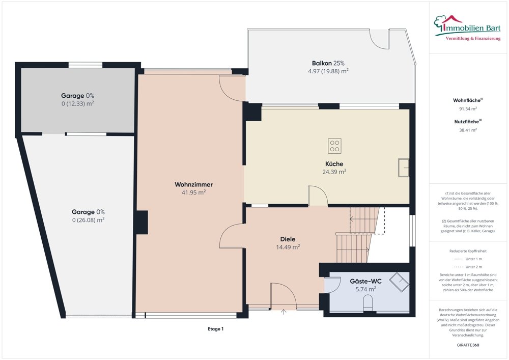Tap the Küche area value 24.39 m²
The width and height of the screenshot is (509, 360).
coord(334,172)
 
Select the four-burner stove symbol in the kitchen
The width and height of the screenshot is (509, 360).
coord(334,146)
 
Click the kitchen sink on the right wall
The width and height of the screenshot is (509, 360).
coord(404,167)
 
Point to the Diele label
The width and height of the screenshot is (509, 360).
coord(288,239)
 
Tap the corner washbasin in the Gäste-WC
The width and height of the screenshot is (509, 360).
coord(402,281)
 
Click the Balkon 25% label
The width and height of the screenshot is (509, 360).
coord(328,63)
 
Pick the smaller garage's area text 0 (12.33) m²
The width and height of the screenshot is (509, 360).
coord(77,103)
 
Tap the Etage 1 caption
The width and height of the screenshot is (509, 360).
coord(215,329)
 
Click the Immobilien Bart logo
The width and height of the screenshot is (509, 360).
coord(467,27)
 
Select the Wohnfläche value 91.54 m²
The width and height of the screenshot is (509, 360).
coord(468,109)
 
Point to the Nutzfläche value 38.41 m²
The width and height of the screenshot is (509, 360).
coord(468,130)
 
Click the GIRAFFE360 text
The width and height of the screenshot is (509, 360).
coord(468,345)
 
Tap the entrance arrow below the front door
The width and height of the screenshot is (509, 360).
coord(284,311)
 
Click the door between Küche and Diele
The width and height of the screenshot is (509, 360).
coord(318,197)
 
